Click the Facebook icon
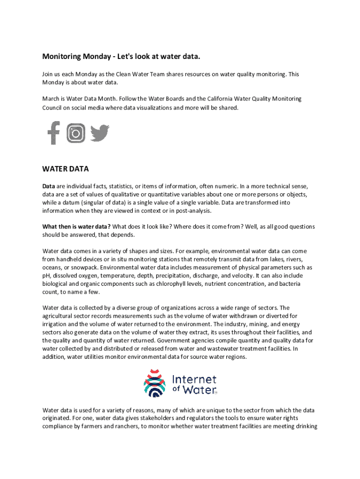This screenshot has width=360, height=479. pyautogui.click(x=54, y=133)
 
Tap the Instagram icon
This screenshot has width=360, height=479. pyautogui.click(x=76, y=133)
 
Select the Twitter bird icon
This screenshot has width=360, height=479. pyautogui.click(x=100, y=133)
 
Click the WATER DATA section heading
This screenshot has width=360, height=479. pyautogui.click(x=65, y=168)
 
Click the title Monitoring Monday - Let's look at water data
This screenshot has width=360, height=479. pyautogui.click(x=121, y=57)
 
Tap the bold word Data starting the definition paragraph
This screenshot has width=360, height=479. pyautogui.click(x=49, y=186)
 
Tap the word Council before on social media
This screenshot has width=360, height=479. pyautogui.click(x=54, y=108)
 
